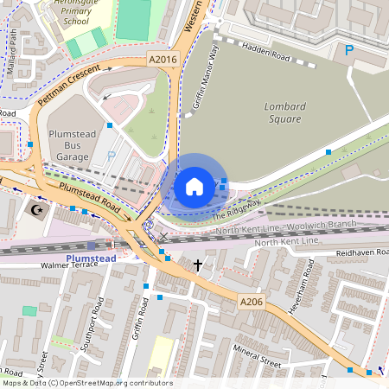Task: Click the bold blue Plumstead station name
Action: [88, 258]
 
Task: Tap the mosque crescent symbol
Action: [36, 210]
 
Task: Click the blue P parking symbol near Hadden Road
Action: [349, 51]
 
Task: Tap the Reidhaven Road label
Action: [356, 252]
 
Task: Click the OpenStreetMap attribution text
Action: [87, 383]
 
